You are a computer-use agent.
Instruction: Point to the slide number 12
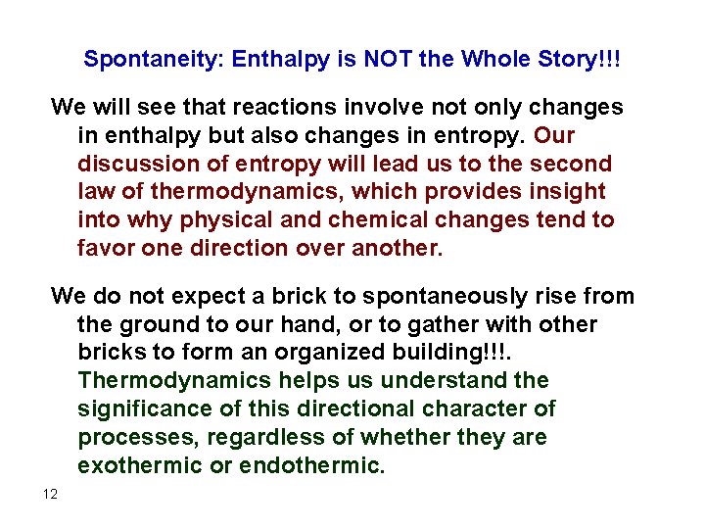(x=50, y=494)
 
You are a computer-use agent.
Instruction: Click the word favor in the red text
(x=105, y=249)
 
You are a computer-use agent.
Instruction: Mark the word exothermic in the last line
(x=139, y=465)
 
